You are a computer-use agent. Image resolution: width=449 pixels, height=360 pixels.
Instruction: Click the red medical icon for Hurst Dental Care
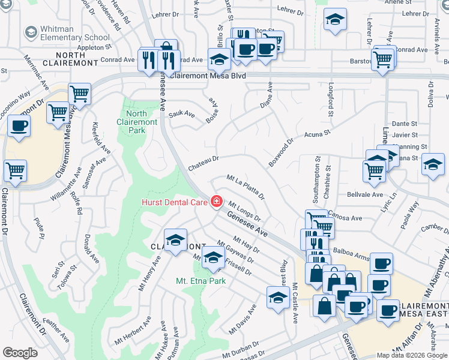tap(215, 202)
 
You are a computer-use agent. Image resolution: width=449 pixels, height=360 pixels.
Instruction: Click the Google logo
tap(20, 353)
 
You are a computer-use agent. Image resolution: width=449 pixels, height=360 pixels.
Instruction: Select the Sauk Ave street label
tap(182, 113)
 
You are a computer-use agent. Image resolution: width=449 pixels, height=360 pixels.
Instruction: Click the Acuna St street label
tap(318, 134)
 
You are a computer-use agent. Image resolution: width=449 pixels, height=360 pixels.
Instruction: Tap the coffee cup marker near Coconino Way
tap(19, 126)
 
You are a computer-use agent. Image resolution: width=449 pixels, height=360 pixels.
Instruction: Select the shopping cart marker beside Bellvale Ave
tap(374, 170)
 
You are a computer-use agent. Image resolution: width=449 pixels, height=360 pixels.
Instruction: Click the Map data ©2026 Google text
tap(411, 355)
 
